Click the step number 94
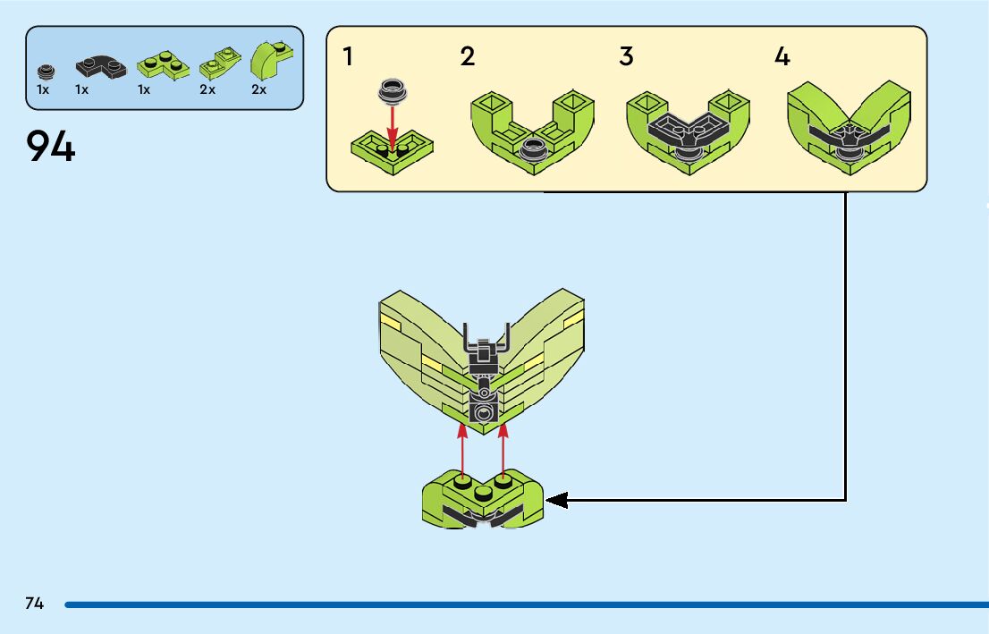pos(51,147)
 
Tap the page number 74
pos(34,604)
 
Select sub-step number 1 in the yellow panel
pos(348,57)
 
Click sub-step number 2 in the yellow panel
pos(468,57)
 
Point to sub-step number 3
pos(626,57)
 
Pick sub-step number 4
pos(782,57)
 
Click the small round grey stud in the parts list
pos(44,71)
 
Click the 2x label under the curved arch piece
pos(259,90)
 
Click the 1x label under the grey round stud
pos(43,90)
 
